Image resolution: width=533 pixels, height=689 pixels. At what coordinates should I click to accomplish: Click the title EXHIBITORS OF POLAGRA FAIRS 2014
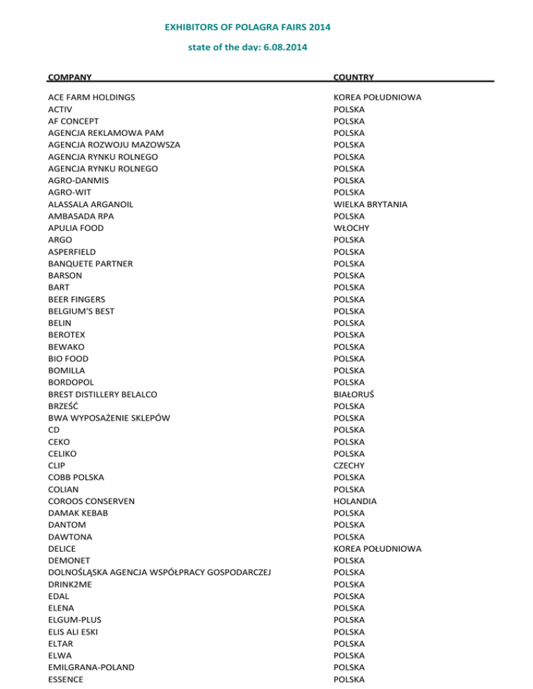click(x=247, y=28)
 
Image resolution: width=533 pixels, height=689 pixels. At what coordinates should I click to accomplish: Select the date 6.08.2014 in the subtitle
click(x=285, y=48)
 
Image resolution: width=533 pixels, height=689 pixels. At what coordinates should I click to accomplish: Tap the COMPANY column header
click(x=70, y=77)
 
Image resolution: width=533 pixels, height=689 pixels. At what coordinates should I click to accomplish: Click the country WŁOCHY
click(x=351, y=228)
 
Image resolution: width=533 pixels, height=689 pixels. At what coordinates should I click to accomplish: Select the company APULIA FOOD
click(x=76, y=228)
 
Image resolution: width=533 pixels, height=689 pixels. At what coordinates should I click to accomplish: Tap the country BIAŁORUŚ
click(x=354, y=394)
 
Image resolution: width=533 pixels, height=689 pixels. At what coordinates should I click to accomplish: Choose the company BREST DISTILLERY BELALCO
click(x=102, y=394)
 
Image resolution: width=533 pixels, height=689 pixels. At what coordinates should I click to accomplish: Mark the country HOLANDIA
click(x=355, y=501)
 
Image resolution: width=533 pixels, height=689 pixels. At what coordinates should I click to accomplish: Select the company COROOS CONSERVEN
click(x=91, y=501)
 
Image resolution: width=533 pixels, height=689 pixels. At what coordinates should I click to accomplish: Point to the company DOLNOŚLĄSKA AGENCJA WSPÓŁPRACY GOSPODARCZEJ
click(x=158, y=573)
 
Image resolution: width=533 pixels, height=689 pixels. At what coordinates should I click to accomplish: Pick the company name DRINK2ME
click(x=69, y=584)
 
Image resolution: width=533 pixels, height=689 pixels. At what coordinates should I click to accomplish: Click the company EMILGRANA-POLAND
click(x=91, y=668)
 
